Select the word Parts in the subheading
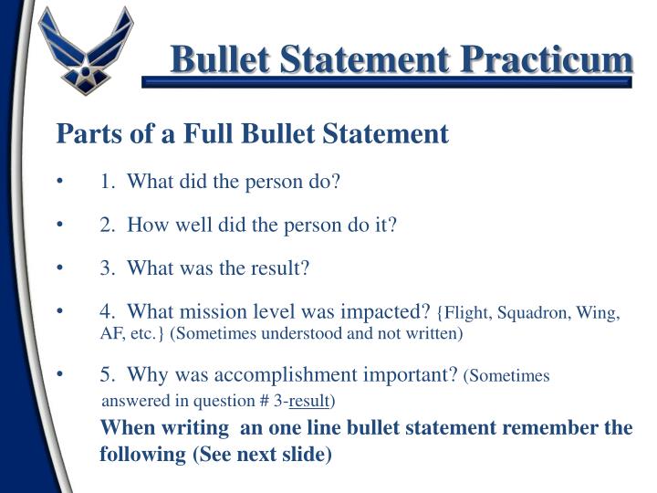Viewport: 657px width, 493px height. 80,135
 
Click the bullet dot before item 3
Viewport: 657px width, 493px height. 60,269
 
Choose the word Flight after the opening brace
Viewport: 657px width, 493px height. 466,314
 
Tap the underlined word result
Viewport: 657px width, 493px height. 308,401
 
